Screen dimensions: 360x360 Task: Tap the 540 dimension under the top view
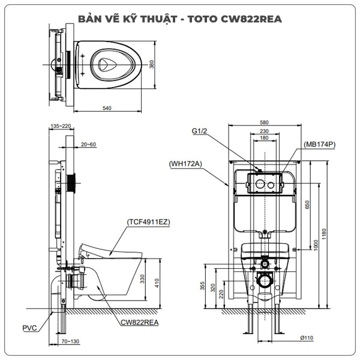(108, 108)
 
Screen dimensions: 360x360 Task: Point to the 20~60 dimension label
(88, 144)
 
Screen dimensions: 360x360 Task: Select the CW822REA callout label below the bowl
(139, 322)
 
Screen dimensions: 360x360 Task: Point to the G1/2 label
(199, 130)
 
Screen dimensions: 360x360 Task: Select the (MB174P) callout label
(320, 144)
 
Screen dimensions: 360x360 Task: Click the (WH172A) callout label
(186, 163)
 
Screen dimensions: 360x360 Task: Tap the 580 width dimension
(265, 122)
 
